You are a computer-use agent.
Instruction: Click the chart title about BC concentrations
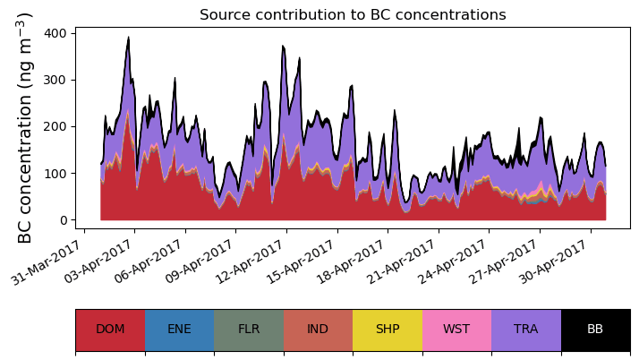pyautogui.click(x=353, y=15)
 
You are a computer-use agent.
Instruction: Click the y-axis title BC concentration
pyautogui.click(x=25, y=127)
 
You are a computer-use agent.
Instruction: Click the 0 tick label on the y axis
pyautogui.click(x=62, y=220)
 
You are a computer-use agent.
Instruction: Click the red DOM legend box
pyautogui.click(x=110, y=330)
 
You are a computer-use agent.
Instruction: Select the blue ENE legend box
pyautogui.click(x=179, y=330)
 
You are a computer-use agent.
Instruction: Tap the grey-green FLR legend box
pyautogui.click(x=249, y=330)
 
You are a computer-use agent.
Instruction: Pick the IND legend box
pyautogui.click(x=318, y=330)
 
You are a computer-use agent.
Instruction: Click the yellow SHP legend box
pyautogui.click(x=388, y=330)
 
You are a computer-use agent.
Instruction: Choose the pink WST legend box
pyautogui.click(x=456, y=330)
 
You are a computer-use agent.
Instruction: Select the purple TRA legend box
pyautogui.click(x=526, y=330)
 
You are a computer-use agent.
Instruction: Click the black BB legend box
pyautogui.click(x=595, y=330)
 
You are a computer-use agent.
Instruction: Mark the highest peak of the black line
pyautogui.click(x=129, y=38)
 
